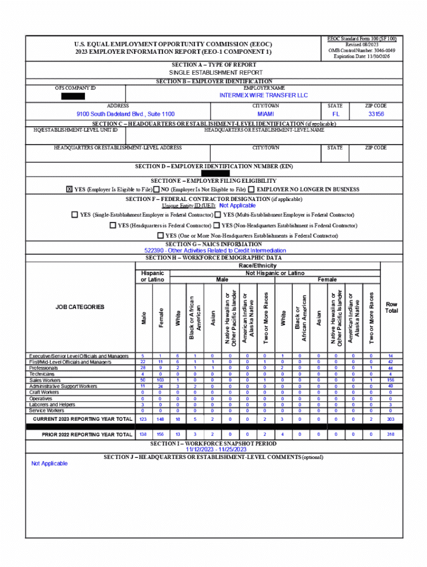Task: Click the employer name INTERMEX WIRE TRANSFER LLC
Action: coord(263,95)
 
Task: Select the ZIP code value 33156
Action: coord(376,114)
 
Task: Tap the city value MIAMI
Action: coord(266,114)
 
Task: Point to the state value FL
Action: coord(335,114)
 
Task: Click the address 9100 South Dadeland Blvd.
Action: coord(125,114)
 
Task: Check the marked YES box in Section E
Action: coord(69,189)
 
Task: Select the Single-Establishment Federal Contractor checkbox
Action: coord(74,215)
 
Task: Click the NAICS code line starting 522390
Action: coord(215,251)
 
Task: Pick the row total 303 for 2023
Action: coord(390,419)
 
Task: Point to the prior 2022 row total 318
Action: coord(390,435)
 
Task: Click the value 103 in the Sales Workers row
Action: coord(161,380)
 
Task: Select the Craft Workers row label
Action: coord(44,393)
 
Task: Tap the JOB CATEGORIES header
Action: coord(80,307)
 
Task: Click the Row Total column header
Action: coord(392,307)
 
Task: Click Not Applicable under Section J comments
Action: coord(49,463)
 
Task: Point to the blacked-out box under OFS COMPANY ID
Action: coord(73,96)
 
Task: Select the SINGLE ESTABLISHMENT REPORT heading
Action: coord(216,73)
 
